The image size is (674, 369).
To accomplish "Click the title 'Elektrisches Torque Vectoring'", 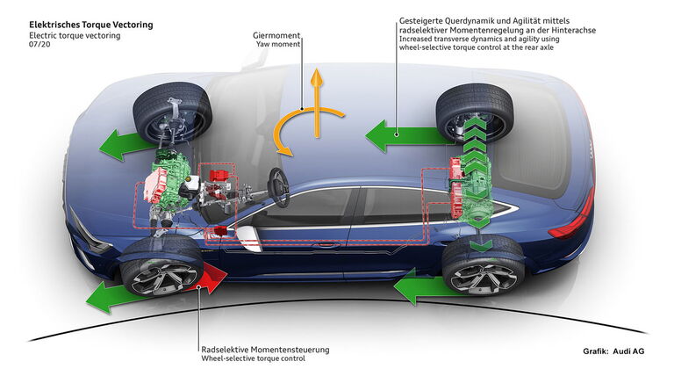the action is coord(90,25).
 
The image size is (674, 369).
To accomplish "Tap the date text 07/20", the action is coord(39,44).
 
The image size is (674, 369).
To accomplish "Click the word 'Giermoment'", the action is coord(276,35).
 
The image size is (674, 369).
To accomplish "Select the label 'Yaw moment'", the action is coord(278,44).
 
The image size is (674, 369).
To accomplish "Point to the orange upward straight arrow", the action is coord(317,103).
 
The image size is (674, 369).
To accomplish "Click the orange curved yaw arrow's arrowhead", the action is coord(284,150).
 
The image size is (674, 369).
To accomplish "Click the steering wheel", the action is coord(278,188).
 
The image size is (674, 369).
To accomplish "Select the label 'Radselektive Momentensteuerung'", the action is coord(265,349).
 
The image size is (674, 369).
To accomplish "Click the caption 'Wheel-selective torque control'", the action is coord(253,358).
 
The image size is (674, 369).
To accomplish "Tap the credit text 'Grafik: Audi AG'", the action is coord(613,351).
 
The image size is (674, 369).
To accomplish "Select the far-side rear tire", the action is coord(475,112).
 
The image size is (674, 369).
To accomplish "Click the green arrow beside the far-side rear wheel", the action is coord(404,135).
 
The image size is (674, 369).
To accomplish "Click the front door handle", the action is coord(326,245).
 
